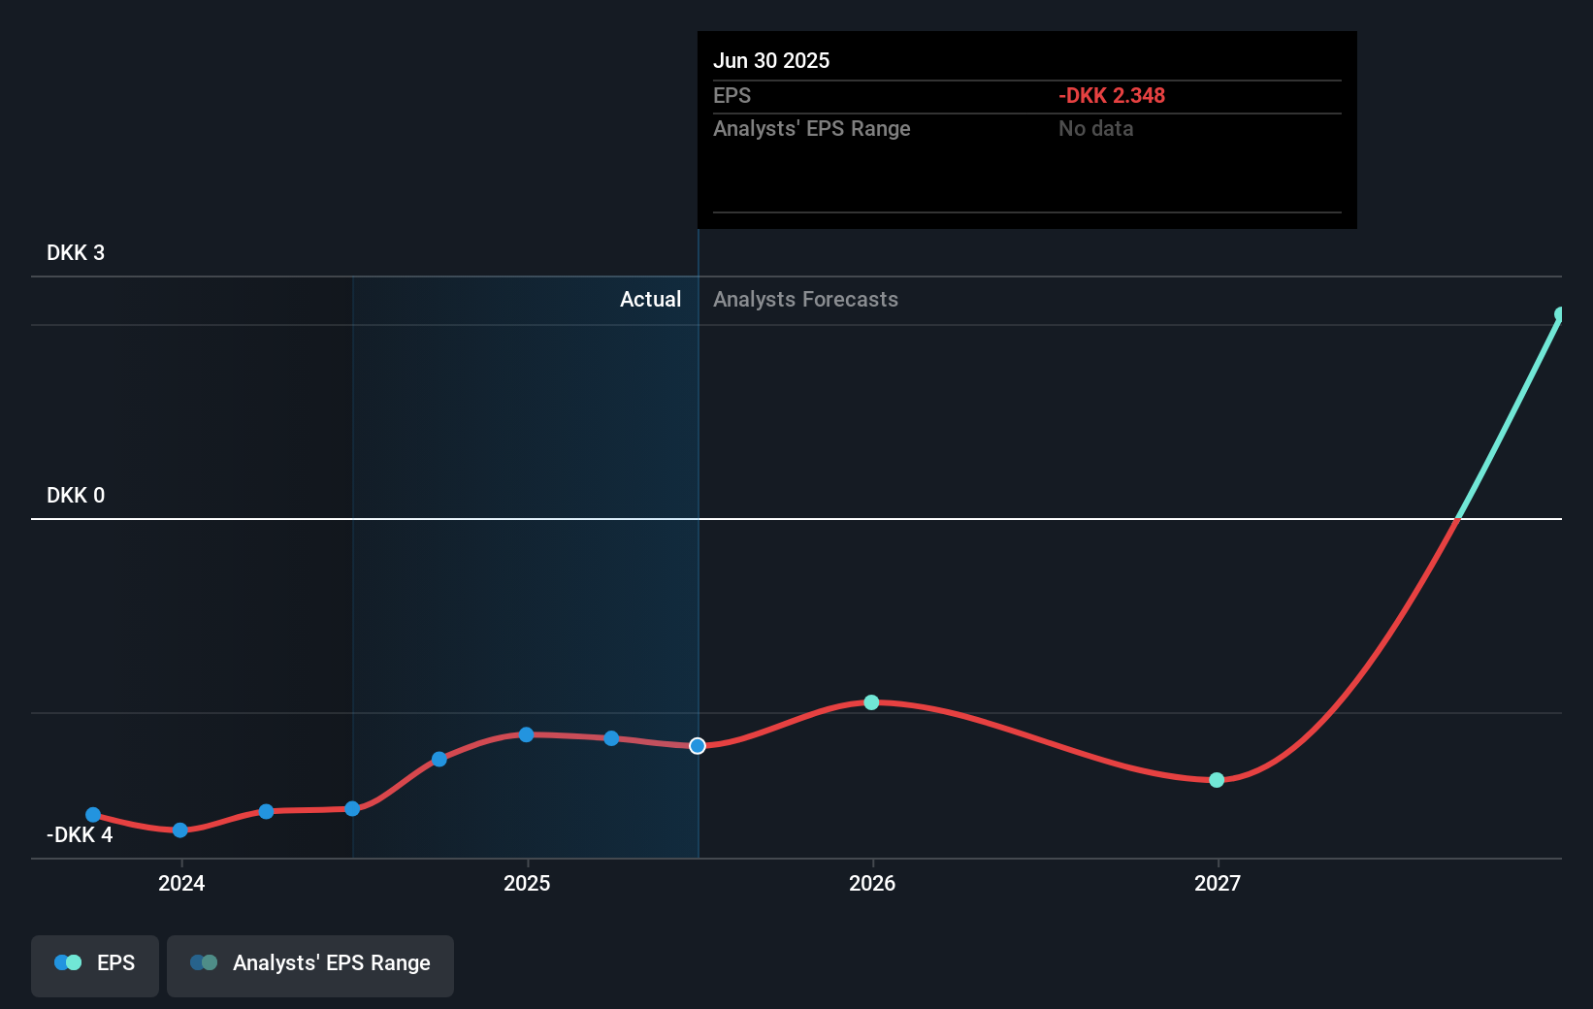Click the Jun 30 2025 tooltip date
point(771,60)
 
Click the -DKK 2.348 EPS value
point(1111,95)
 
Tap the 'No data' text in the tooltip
point(1095,128)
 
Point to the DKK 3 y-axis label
point(76,252)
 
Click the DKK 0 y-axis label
point(76,495)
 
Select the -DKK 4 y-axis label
point(80,834)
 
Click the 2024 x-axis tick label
point(181,883)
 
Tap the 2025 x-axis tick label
point(527,883)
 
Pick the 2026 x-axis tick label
point(872,883)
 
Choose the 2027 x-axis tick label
point(1218,883)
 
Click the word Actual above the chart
point(650,299)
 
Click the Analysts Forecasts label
point(805,299)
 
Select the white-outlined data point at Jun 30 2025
point(698,746)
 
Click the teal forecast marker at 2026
point(871,702)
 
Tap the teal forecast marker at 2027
point(1217,780)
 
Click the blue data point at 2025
point(526,734)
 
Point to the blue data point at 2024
point(179,830)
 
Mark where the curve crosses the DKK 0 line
point(1457,519)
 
